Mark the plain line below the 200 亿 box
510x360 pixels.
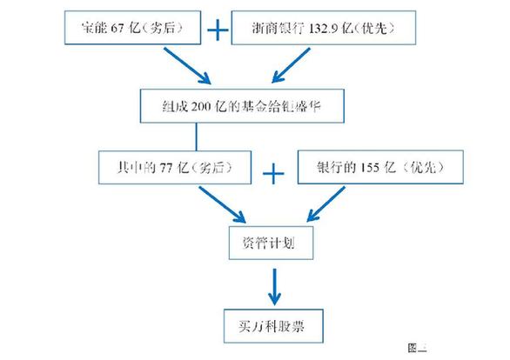[197, 135]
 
